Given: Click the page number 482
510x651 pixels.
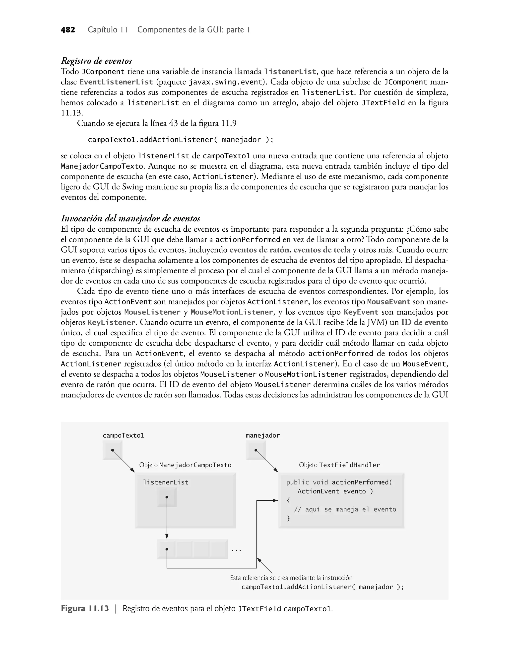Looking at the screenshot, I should pos(68,30).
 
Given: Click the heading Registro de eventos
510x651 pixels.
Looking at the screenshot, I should pos(96,61).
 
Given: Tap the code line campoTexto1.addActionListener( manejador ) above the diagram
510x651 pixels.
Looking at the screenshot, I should pos(180,140).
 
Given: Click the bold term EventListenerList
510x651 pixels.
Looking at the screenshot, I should pos(116,82).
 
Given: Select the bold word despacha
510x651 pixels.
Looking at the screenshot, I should pos(139,260).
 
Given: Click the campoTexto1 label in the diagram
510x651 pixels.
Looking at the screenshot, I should pos(123,436).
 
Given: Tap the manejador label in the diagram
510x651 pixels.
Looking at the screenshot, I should pos(263,436).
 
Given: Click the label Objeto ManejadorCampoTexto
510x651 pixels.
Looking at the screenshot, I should pos(185,465).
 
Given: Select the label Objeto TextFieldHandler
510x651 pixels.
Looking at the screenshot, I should pos(339,465).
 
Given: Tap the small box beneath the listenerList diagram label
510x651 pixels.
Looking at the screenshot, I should pos(167,497).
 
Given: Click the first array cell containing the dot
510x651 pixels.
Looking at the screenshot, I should pos(167,549).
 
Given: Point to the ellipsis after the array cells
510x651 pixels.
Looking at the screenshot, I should pos(236,550).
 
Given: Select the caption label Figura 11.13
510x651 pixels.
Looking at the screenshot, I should pos(85,609).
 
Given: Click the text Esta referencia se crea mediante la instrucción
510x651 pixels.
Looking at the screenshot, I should pos(291,578).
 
